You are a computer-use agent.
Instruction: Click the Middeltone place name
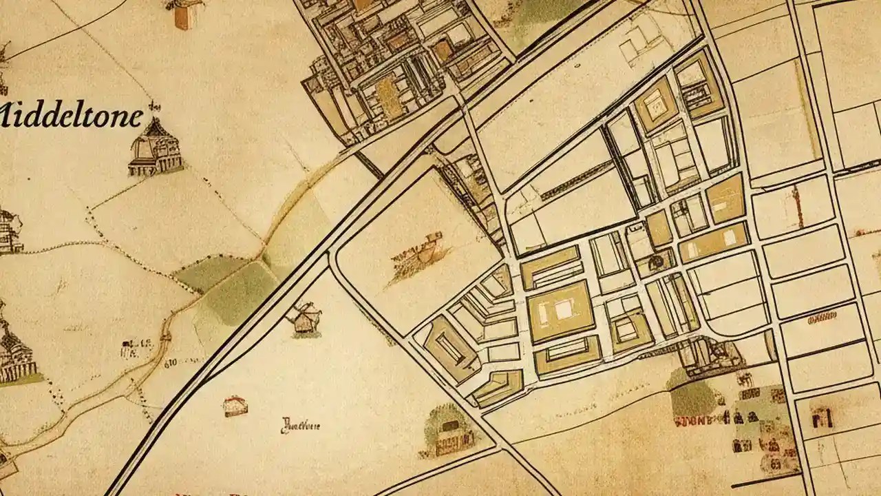72,115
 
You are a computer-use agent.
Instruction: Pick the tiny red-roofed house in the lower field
235,406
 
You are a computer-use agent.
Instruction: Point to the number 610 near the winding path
171,360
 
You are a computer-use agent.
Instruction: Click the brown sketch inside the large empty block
418,256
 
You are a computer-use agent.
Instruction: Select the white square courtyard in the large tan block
564,310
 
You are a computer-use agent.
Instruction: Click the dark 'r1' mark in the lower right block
822,417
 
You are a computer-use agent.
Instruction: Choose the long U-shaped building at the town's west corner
449,347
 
